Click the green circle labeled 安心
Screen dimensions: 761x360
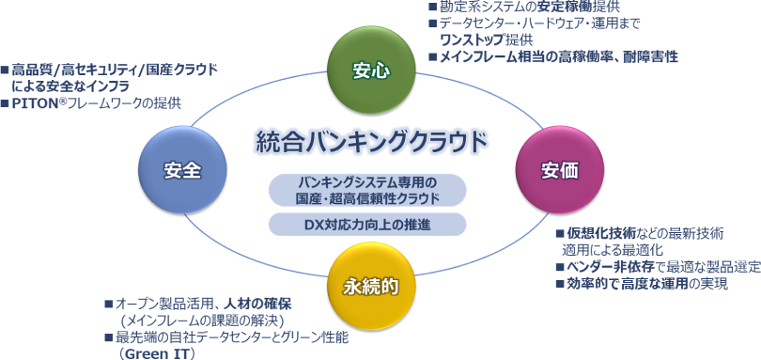[x=371, y=70]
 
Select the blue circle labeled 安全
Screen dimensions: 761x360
[x=182, y=170]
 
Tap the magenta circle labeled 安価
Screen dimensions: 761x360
[x=559, y=170]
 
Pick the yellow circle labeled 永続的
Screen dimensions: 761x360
[x=371, y=287]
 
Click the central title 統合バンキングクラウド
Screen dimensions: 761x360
[x=372, y=142]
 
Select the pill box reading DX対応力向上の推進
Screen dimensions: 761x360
[x=368, y=225]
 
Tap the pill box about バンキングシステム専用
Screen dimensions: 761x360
[x=368, y=190]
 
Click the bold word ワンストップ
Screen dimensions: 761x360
[x=471, y=39]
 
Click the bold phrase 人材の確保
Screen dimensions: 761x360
[x=257, y=305]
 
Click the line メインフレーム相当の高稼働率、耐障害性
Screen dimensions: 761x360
[x=559, y=56]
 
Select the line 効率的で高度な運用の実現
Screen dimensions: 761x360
[x=647, y=283]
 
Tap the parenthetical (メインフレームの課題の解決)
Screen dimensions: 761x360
[x=201, y=321]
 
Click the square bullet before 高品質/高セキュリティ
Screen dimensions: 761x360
[x=5, y=70]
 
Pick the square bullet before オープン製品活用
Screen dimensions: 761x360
[x=109, y=305]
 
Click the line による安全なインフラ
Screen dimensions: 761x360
[x=70, y=87]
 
